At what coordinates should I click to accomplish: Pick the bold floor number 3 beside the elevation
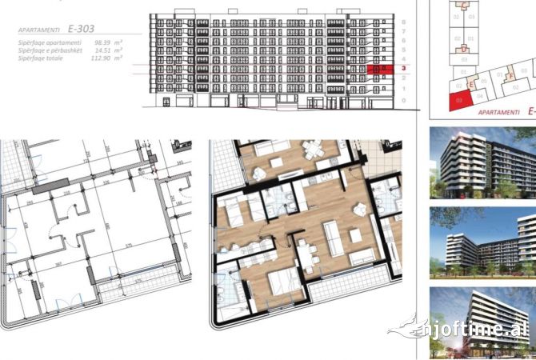405,70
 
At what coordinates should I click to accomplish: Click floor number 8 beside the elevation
405,22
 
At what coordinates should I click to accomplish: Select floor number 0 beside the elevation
405,101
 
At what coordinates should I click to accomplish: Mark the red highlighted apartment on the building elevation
380,70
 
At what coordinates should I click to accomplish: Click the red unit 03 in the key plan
459,101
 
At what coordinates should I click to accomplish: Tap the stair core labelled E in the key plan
473,83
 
